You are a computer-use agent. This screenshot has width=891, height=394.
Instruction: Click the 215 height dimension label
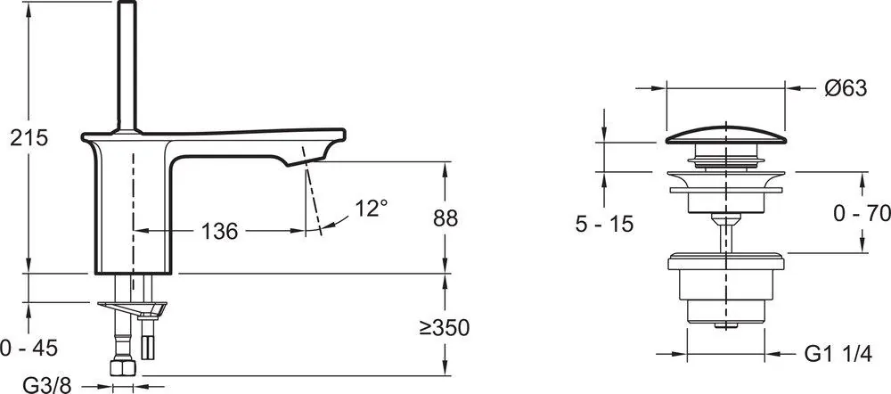click(x=29, y=138)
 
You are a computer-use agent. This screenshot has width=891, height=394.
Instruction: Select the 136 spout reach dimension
click(x=219, y=232)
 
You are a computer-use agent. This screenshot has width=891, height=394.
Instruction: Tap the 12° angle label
click(x=372, y=208)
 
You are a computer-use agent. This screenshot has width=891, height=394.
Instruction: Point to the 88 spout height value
click(x=445, y=218)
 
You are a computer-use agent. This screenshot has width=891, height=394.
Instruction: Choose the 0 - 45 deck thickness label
click(x=29, y=348)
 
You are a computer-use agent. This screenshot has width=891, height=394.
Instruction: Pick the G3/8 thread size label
click(x=46, y=385)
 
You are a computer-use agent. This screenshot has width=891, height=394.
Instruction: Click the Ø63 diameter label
click(x=846, y=88)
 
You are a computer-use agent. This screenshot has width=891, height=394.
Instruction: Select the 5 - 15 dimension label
click(x=604, y=224)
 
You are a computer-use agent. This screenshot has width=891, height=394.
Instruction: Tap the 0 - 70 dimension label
click(x=862, y=214)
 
